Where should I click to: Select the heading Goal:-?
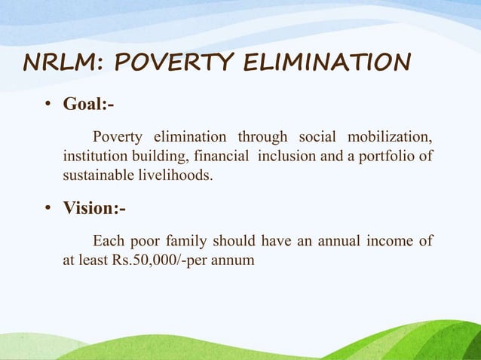[88, 104]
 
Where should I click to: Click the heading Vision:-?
[93, 207]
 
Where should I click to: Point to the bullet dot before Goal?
[47, 105]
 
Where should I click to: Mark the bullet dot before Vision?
[47, 208]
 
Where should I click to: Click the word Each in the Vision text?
[106, 241]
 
